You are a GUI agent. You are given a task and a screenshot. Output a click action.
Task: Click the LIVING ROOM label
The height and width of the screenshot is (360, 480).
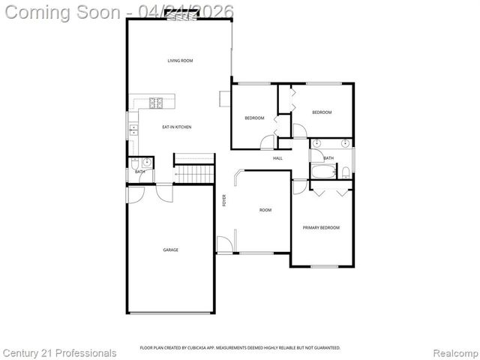180,61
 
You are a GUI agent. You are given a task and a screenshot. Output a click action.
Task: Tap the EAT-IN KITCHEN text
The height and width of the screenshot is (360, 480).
177,127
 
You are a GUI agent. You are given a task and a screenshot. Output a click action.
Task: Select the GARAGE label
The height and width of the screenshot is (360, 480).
171,250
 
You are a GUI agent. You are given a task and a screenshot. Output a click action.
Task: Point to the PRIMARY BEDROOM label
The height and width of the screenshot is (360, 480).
321,228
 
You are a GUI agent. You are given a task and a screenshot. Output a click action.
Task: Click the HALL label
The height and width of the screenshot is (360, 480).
277,158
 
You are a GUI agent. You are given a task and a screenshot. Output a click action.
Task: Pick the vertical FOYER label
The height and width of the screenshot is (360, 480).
223,200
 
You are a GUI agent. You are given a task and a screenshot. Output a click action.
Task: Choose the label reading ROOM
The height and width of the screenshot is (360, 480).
265,210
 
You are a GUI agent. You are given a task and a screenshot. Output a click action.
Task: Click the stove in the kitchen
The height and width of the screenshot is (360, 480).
157,102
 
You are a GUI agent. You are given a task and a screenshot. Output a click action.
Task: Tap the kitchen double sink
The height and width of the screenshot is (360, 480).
133,129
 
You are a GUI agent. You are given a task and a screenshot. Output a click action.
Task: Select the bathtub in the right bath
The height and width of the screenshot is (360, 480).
323,173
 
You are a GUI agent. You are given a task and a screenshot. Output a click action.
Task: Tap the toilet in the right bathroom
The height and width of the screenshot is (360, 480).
344,172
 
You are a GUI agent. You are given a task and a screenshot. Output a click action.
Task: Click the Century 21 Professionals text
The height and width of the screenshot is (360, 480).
59,352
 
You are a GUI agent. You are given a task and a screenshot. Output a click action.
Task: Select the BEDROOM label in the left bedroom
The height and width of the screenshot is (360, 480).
254,118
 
